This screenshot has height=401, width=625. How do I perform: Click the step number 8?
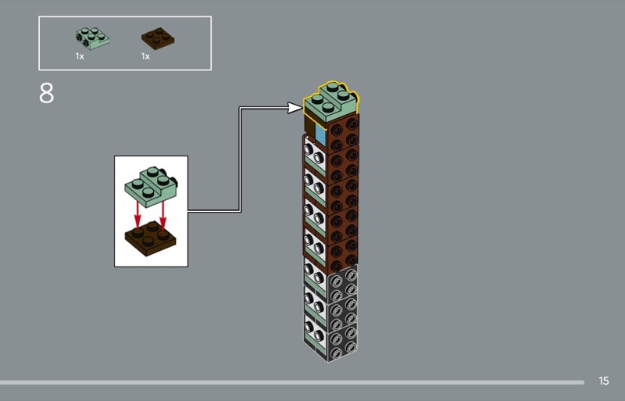pos(47,93)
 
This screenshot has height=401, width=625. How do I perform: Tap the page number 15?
pos(603,381)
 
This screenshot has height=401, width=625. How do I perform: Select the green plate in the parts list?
pos(91,38)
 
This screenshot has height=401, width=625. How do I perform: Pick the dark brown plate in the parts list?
pos(157,38)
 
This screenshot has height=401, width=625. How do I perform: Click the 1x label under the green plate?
pos(80,57)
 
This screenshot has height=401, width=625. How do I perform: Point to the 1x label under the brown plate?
pos(145,57)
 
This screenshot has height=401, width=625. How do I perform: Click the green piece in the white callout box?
pos(150,184)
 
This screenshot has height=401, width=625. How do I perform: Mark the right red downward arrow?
pos(163,211)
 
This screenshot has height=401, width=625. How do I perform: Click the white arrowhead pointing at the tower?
pos(295,106)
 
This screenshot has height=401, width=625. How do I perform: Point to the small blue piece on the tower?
pos(320,134)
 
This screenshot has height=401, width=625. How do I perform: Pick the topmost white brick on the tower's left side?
pos(314,152)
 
